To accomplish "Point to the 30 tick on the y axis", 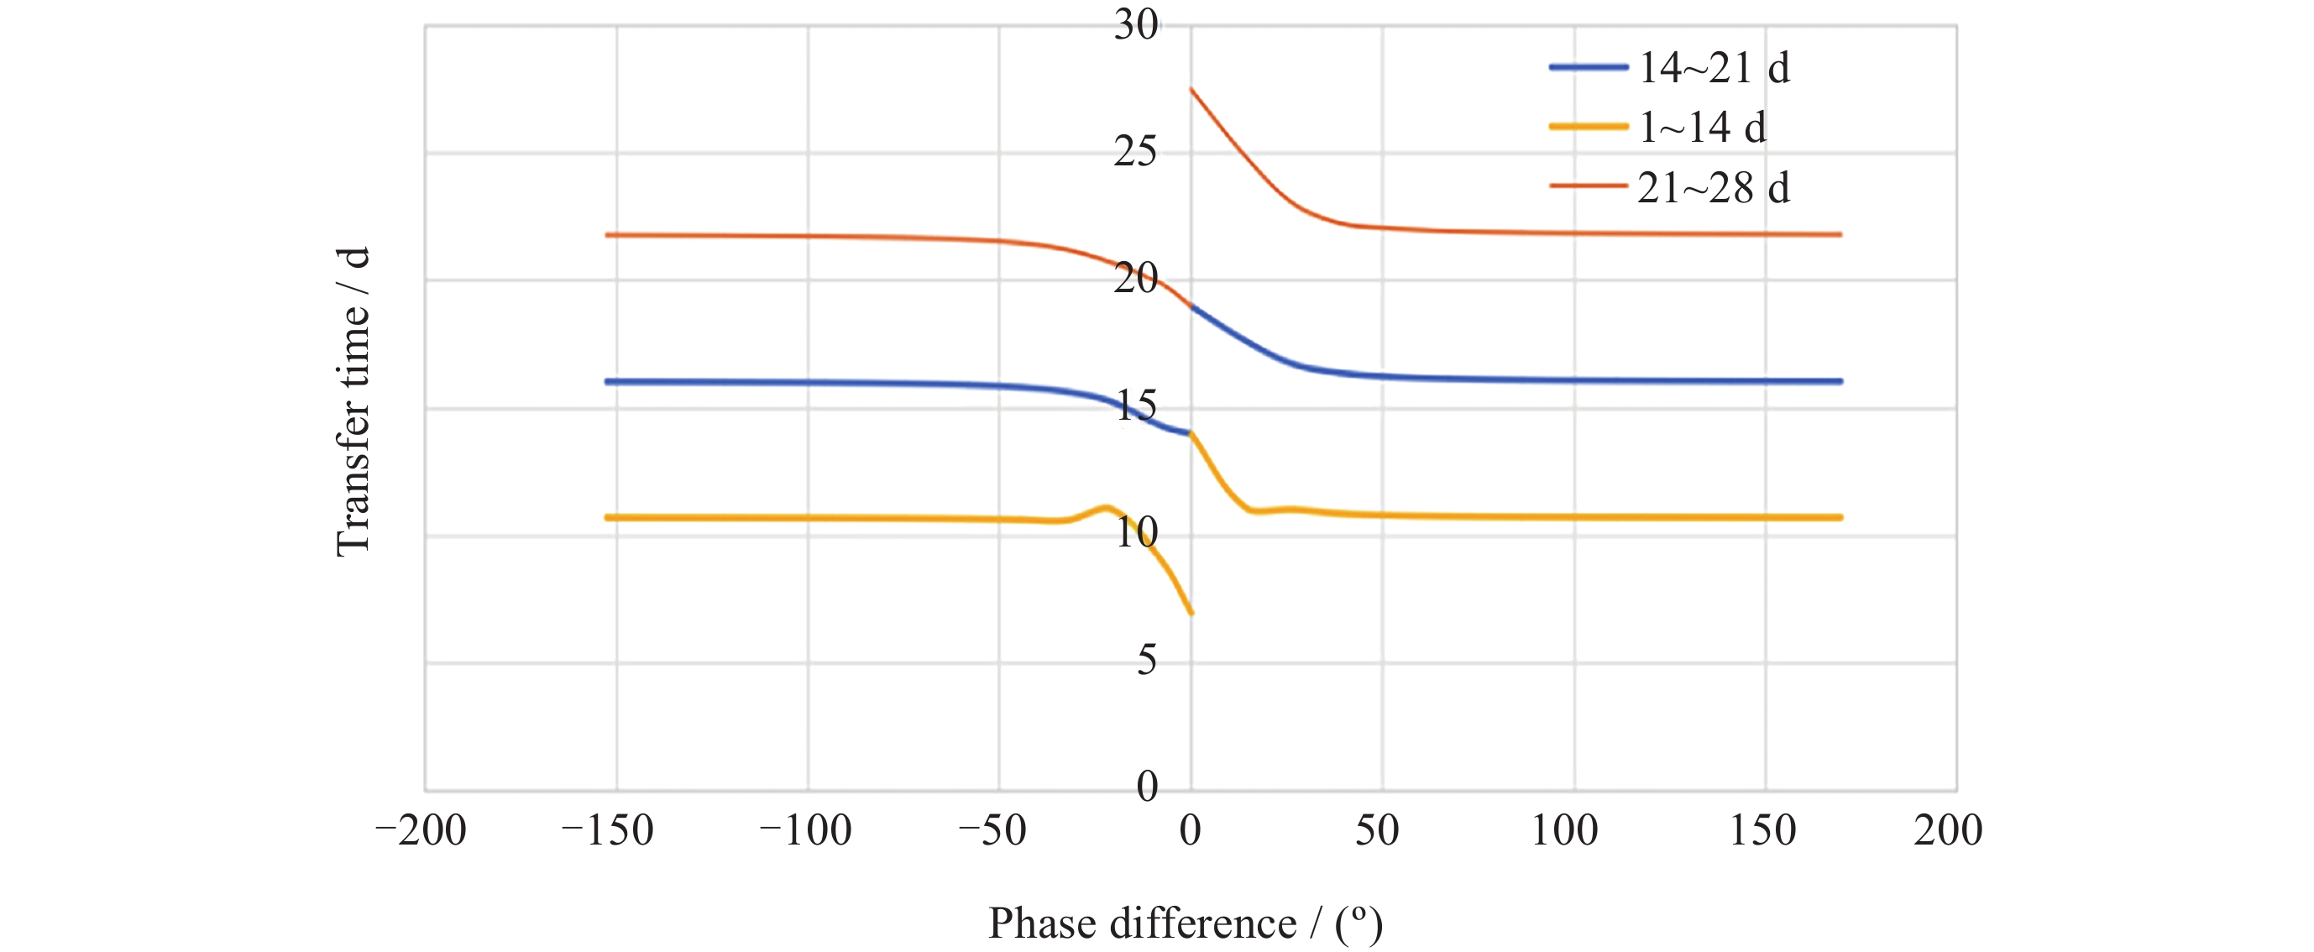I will pyautogui.click(x=1135, y=25).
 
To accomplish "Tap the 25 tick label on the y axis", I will pyautogui.click(x=1135, y=152).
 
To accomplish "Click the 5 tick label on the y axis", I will pyautogui.click(x=1146, y=661).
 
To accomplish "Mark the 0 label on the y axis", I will pyautogui.click(x=1146, y=787).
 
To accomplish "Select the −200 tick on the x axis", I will pyautogui.click(x=421, y=831).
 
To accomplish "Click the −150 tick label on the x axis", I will pyautogui.click(x=607, y=831).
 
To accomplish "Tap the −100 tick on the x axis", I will pyautogui.click(x=806, y=831).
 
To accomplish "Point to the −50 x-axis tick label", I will pyautogui.click(x=992, y=831).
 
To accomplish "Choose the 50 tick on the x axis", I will pyautogui.click(x=1377, y=831).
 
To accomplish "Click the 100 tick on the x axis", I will pyautogui.click(x=1564, y=831).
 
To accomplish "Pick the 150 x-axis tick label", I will pyautogui.click(x=1762, y=831).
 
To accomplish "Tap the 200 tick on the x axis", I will pyautogui.click(x=1947, y=831).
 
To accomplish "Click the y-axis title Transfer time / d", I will pyautogui.click(x=352, y=401).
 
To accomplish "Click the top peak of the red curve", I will pyautogui.click(x=1191, y=89).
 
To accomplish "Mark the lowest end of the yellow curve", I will pyautogui.click(x=1191, y=614).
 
